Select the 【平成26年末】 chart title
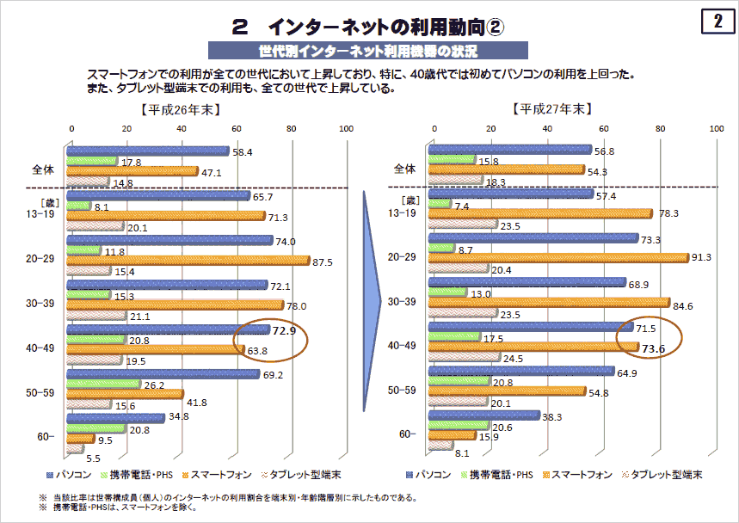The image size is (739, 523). (x=180, y=109)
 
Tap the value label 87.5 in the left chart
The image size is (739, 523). (x=326, y=260)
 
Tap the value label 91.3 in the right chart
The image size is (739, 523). (x=705, y=256)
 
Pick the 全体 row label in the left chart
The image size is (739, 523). (x=43, y=169)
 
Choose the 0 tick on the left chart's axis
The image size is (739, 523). (x=71, y=128)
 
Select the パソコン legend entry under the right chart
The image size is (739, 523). (x=437, y=474)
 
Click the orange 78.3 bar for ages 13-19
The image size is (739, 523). (x=540, y=213)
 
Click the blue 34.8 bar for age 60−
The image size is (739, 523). (x=117, y=418)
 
